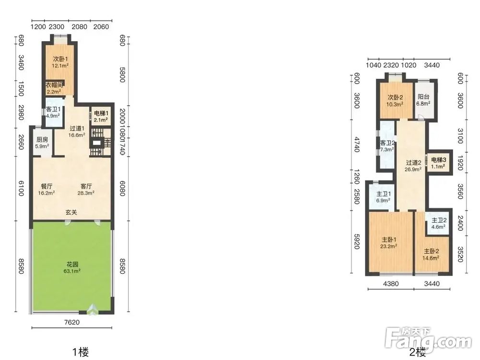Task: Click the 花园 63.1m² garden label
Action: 73,267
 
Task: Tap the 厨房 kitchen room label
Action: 42,143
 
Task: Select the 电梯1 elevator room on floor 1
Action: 100,116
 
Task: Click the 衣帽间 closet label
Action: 54,88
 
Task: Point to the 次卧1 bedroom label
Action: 60,61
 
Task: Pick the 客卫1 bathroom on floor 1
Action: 53,112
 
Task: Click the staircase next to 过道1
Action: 100,143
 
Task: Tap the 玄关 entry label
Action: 71,212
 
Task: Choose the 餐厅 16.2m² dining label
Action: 46,190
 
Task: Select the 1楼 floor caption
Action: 81,352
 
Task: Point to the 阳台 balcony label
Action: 423,100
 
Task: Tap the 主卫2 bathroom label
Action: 439,224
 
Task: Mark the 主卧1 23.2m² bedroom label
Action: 389,242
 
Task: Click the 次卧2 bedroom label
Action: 395,100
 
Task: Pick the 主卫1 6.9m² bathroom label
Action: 383,197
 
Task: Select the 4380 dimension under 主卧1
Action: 391,284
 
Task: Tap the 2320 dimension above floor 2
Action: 391,65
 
